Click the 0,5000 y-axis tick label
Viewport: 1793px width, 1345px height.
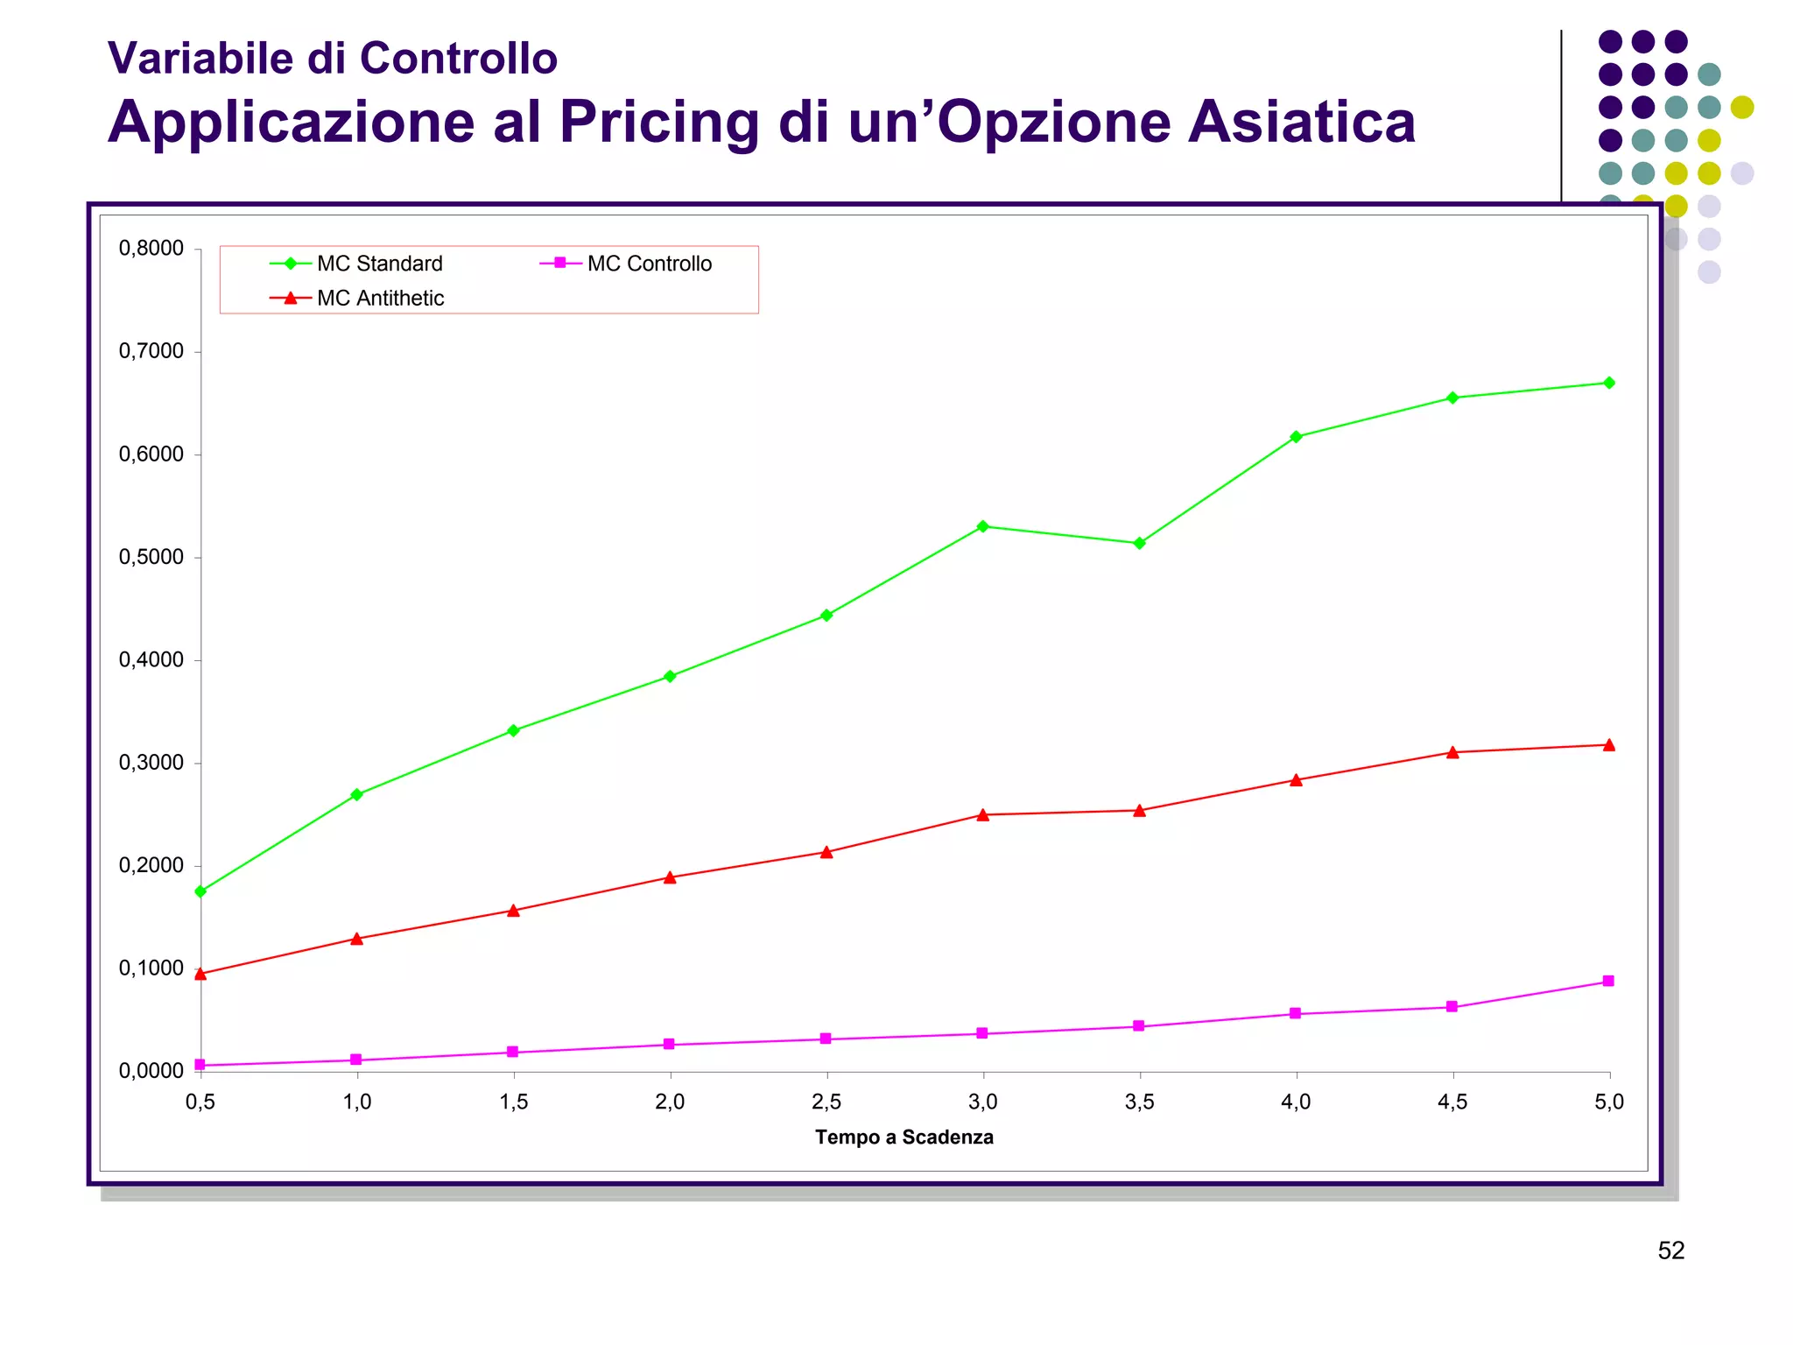click(x=151, y=557)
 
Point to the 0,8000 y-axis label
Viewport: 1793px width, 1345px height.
click(x=151, y=249)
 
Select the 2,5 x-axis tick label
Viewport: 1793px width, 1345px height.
click(x=826, y=1102)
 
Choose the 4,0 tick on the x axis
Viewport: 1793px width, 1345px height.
click(x=1296, y=1102)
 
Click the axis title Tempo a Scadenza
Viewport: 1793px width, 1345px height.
click(x=904, y=1137)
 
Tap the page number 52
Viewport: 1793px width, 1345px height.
click(x=1670, y=1250)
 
